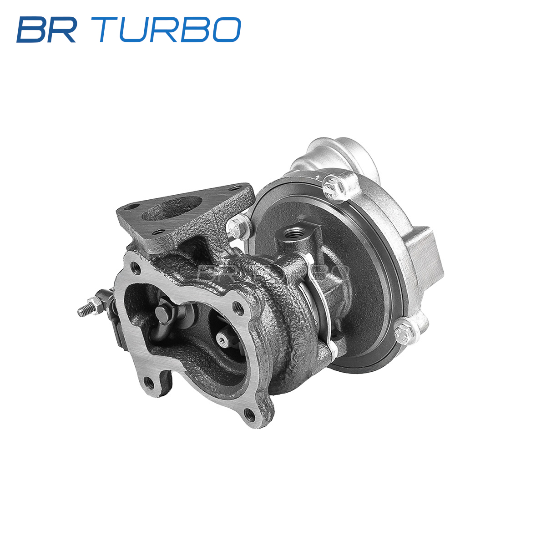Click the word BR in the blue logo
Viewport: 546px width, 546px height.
47,30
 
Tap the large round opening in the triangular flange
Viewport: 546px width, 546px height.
172,208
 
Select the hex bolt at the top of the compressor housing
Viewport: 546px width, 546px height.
334,187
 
